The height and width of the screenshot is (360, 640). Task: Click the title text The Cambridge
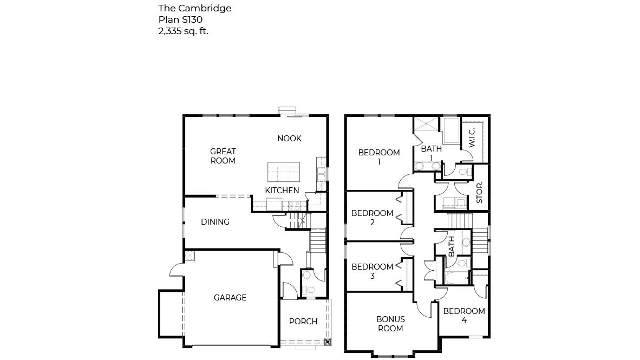(x=194, y=8)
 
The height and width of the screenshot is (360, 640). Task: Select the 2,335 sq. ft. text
(x=183, y=31)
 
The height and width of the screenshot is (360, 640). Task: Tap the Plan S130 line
(x=180, y=19)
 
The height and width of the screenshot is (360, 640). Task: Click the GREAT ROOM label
(x=223, y=156)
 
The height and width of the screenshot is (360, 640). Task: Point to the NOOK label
(x=289, y=139)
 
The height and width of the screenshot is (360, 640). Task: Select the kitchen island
(x=284, y=172)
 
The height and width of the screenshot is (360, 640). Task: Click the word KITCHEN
(x=282, y=191)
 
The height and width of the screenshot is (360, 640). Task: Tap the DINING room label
(x=215, y=222)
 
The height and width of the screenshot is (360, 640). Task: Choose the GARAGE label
(x=230, y=298)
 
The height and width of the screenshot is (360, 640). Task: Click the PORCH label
(x=303, y=322)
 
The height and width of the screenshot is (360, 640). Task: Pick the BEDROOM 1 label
(x=379, y=157)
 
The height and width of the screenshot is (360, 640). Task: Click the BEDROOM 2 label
(x=372, y=218)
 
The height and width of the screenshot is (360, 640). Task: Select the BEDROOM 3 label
(x=372, y=271)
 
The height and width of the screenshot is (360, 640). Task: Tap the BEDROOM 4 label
(x=464, y=315)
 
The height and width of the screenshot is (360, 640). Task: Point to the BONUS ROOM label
(x=390, y=324)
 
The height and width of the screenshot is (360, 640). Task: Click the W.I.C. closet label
(x=472, y=138)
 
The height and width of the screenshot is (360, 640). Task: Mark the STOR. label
(x=479, y=193)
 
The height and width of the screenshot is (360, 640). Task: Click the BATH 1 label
(x=431, y=153)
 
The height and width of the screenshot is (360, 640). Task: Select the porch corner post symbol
(x=327, y=342)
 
